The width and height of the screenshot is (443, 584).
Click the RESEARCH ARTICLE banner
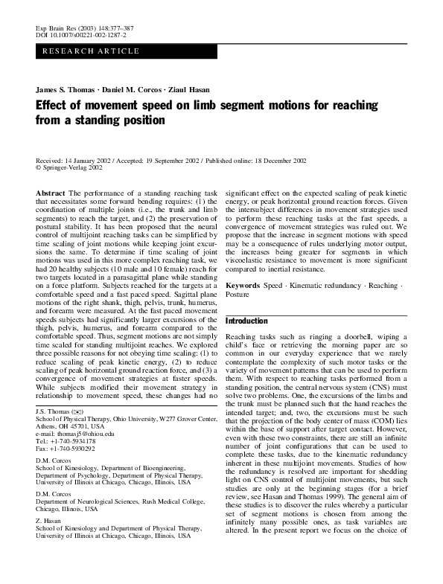(91, 51)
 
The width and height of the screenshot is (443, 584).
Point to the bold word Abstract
(51, 192)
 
